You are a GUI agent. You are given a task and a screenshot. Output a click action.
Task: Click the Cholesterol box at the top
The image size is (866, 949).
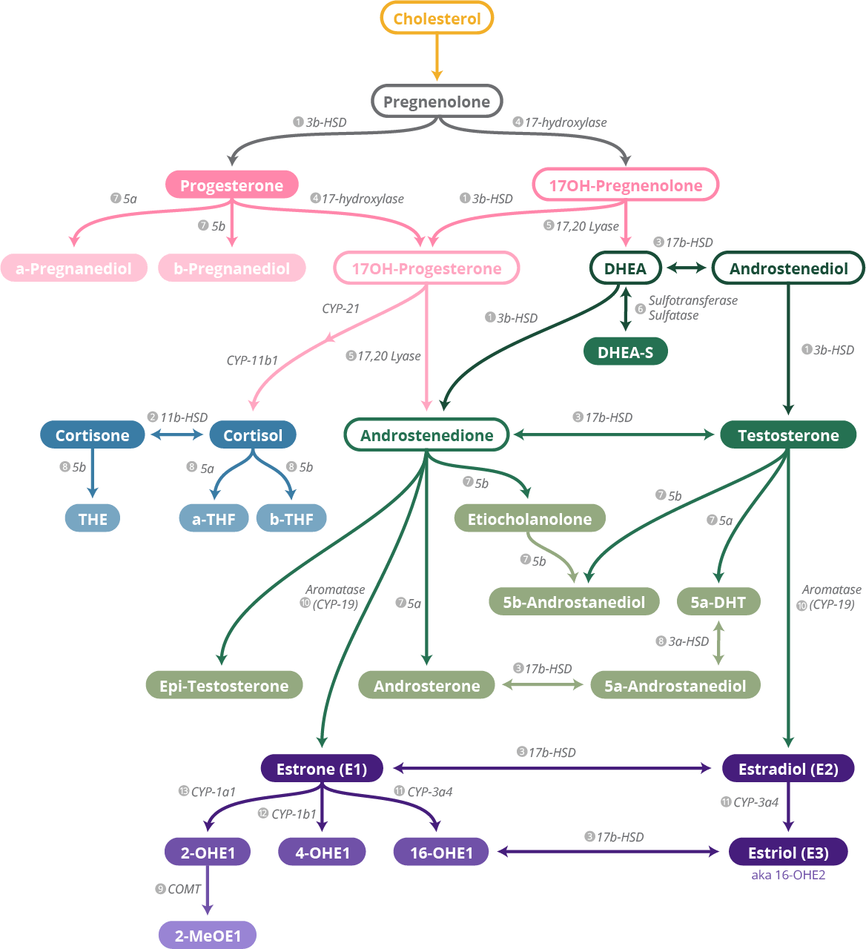[x=437, y=19]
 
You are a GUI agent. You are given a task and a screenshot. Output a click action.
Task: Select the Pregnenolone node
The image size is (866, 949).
[x=437, y=102]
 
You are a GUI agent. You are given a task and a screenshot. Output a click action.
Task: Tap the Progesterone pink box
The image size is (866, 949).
[x=231, y=185]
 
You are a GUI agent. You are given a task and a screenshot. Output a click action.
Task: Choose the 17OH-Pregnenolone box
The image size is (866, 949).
[x=625, y=185]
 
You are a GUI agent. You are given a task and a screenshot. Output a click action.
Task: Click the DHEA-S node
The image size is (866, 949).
[x=625, y=352]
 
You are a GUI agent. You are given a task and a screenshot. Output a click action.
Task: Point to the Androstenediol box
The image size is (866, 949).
[x=788, y=268]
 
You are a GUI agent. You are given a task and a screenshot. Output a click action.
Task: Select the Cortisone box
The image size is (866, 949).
[x=92, y=435]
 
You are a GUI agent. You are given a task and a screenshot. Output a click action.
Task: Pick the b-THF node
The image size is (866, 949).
[x=291, y=519]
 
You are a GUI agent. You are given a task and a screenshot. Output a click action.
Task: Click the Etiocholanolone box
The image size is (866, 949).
[x=529, y=519]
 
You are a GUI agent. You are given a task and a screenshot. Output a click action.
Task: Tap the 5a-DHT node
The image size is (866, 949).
[x=718, y=602]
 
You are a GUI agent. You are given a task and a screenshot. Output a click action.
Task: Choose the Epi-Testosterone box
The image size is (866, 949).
[x=224, y=686]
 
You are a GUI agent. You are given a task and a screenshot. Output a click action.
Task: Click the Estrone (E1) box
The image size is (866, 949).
[x=321, y=769]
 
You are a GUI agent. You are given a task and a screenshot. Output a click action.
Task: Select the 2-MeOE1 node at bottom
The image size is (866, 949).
[x=208, y=936]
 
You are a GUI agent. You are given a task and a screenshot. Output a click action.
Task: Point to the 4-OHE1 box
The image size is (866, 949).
[x=322, y=853]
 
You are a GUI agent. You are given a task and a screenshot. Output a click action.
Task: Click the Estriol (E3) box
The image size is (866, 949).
[x=787, y=853]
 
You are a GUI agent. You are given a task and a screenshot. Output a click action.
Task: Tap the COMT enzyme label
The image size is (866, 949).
[x=184, y=889]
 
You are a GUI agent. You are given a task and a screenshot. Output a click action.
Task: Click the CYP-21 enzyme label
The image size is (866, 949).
[x=340, y=308]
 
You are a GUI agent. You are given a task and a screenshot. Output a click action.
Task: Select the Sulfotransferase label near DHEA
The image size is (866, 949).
[x=693, y=301]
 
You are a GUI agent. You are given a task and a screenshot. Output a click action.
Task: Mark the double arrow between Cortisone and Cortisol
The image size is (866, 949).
[x=176, y=434]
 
